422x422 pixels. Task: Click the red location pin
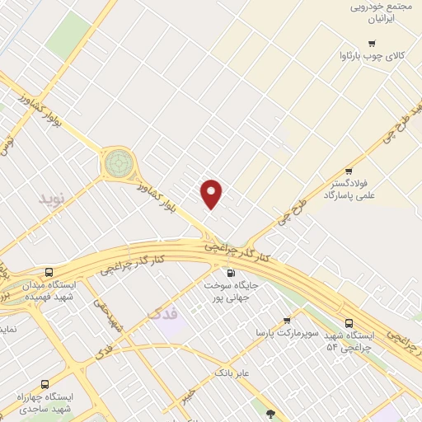[212, 193]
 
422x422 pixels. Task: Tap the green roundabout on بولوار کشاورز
[118, 162]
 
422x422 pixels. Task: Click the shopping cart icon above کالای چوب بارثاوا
[372, 44]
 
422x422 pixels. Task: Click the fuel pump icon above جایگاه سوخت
[229, 273]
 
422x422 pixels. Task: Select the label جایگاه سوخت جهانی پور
[229, 290]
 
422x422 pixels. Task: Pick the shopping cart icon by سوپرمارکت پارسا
[287, 321]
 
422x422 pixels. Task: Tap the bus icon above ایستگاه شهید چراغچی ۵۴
[349, 323]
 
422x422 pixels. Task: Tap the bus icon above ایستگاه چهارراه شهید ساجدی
[44, 384]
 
